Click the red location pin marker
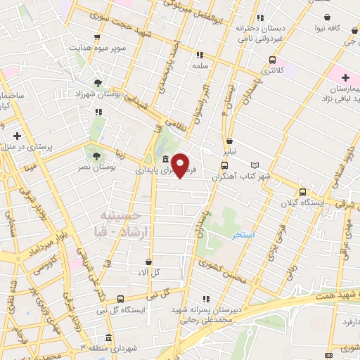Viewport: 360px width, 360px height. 181,165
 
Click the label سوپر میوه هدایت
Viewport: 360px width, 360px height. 97,49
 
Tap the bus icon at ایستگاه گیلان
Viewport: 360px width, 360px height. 302,191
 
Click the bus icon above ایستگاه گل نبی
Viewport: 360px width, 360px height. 120,299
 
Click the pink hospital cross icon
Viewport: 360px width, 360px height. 345,77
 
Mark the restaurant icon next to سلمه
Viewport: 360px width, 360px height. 200,54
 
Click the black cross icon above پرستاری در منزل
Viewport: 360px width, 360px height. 17,136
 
